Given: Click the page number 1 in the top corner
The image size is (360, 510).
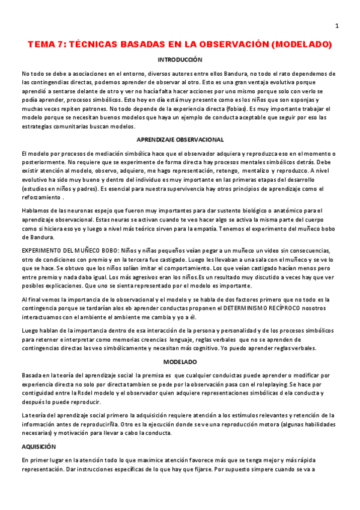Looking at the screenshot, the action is coord(337,25).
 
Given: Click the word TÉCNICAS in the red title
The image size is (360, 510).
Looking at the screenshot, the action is coord(100,45).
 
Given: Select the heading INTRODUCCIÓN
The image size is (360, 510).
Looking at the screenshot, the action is coord(180,60).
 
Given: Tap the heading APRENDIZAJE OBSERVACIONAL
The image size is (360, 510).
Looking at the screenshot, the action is coord(180,140).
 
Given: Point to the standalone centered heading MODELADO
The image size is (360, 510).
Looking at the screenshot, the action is coord(180,362).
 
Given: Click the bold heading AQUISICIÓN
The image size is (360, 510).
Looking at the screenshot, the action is coord(38,447).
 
